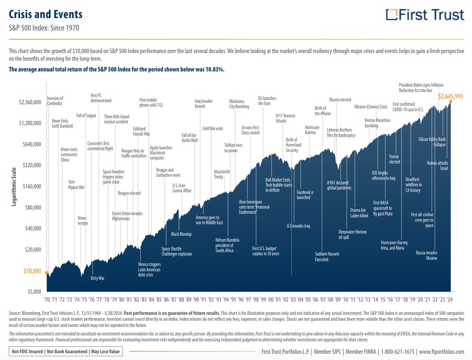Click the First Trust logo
click(x=425, y=15)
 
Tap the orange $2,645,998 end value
click(x=450, y=96)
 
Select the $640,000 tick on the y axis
click(x=30, y=144)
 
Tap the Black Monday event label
click(x=181, y=234)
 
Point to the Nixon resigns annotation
click(x=82, y=220)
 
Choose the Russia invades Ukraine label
click(x=426, y=255)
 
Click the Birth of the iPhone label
click(x=323, y=111)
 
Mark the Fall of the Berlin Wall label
click(x=190, y=138)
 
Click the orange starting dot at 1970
click(x=47, y=273)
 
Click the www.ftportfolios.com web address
click(x=442, y=351)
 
